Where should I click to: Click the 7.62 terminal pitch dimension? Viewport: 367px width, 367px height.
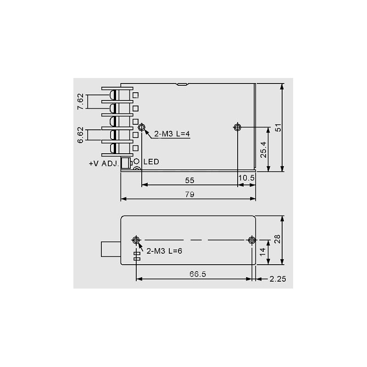coord(80,101)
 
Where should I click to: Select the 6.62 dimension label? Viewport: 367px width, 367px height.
coord(80,135)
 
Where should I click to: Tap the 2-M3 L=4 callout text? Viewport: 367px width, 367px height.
coord(172,134)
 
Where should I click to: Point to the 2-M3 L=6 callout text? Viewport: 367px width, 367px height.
coord(164,251)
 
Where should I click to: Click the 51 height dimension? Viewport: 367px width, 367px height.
coord(278,128)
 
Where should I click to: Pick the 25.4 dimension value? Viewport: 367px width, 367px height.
coord(263,150)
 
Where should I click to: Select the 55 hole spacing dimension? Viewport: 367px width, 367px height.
coord(189,180)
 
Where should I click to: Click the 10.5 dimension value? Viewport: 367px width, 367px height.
coord(246,178)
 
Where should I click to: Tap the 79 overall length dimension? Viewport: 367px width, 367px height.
coord(189,195)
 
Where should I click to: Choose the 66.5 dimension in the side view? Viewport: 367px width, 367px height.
coord(198,274)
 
